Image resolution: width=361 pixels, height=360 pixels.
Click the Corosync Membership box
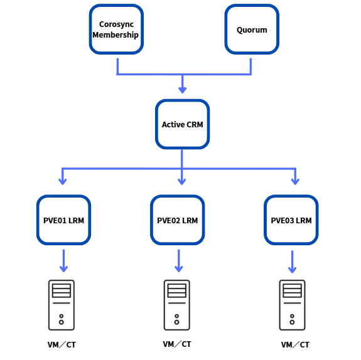(x=116, y=29)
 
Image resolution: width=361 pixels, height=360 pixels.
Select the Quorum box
(x=252, y=29)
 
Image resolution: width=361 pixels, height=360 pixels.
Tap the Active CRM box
(x=182, y=124)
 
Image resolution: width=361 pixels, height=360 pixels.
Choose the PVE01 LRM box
(x=63, y=220)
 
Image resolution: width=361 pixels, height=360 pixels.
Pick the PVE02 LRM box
(x=177, y=220)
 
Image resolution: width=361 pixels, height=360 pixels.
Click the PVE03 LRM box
(x=291, y=220)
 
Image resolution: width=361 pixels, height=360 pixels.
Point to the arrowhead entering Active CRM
(x=182, y=90)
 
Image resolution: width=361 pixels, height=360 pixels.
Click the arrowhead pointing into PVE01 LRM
(x=63, y=181)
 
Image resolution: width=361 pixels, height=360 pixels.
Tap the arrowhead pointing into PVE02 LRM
(x=182, y=181)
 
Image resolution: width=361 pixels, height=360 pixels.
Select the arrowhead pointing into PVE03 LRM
(x=295, y=181)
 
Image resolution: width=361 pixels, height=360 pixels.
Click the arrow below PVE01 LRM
(x=63, y=261)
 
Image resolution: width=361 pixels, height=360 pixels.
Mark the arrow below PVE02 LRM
(x=179, y=261)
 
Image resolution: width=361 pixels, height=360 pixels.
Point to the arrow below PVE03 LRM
(x=292, y=262)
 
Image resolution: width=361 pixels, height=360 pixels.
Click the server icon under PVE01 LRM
(x=62, y=305)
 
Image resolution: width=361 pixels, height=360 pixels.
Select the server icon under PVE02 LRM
(x=177, y=305)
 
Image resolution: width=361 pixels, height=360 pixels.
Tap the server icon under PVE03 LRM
(x=292, y=305)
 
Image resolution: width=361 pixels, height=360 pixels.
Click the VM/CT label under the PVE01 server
(x=62, y=344)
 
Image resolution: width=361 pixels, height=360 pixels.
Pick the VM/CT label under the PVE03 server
(x=295, y=344)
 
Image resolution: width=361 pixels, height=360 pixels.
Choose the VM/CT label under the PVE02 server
(x=177, y=344)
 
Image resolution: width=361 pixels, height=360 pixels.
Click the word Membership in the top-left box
(x=116, y=35)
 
